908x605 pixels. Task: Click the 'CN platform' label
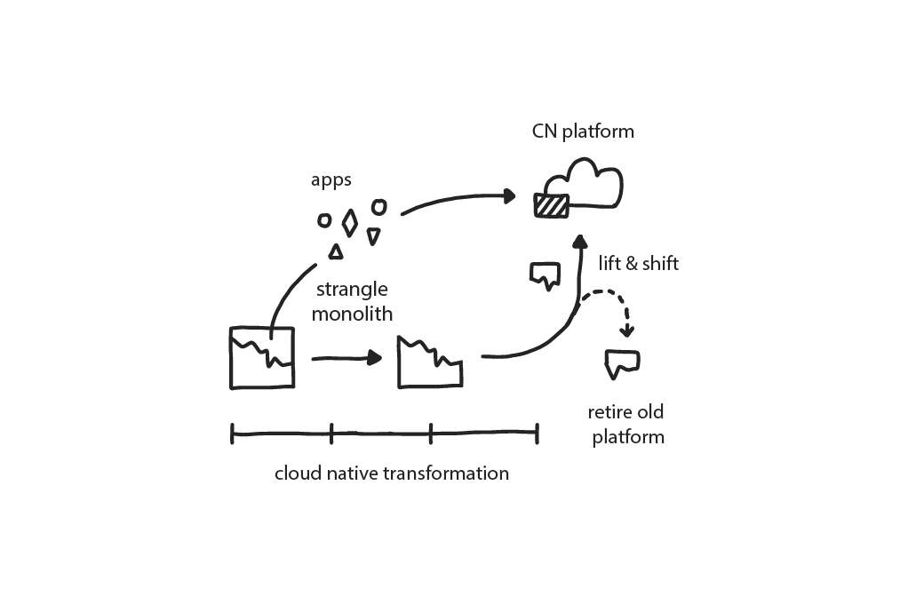tap(584, 131)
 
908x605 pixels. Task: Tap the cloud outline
tap(591, 181)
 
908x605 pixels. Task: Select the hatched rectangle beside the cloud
tap(550, 205)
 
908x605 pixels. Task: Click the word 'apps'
tap(331, 180)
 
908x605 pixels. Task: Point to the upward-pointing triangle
tap(336, 251)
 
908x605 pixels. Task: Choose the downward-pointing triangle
tap(373, 235)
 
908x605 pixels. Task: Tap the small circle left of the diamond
tap(324, 219)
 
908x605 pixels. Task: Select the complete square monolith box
tap(261, 357)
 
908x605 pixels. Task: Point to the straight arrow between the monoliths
tap(346, 358)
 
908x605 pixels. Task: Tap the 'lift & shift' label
tap(639, 264)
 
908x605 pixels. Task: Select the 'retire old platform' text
tap(627, 425)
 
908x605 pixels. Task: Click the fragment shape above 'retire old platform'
tap(622, 362)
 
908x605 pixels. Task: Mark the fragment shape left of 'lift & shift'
tap(545, 275)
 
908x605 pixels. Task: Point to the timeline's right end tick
tap(537, 434)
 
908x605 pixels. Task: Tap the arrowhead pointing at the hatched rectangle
tap(511, 195)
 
